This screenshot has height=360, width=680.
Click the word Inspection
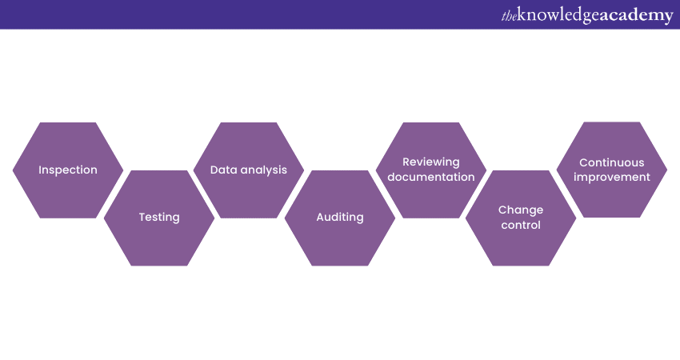click(68, 170)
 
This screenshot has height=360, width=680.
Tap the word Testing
click(159, 218)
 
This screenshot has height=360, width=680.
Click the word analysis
click(262, 170)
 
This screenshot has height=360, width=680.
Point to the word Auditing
click(340, 218)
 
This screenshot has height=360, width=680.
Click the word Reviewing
click(431, 162)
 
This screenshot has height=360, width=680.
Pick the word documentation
click(431, 177)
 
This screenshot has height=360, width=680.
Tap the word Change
click(521, 210)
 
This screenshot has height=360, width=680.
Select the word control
click(521, 225)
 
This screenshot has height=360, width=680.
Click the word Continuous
click(612, 162)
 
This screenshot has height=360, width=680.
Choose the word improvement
click(612, 178)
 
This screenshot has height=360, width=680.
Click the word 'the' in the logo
click(509, 16)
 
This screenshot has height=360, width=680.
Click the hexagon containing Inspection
click(68, 170)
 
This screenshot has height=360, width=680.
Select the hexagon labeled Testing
click(159, 218)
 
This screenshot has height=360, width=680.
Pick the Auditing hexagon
click(340, 218)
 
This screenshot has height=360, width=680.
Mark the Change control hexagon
click(521, 218)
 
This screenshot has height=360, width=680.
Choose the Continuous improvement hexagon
click(612, 170)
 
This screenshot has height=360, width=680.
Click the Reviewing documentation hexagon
click(431, 170)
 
